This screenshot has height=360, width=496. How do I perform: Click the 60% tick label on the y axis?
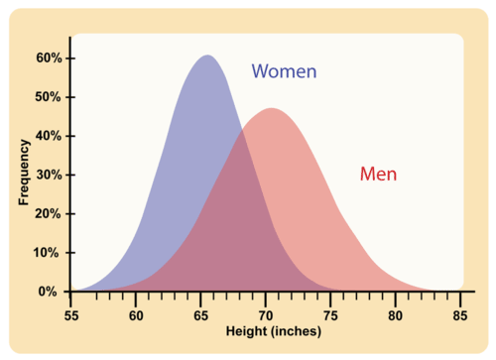(x=50, y=59)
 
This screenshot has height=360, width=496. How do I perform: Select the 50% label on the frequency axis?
(x=50, y=97)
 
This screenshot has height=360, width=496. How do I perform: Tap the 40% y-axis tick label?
(x=50, y=136)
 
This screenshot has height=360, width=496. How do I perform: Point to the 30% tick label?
(x=50, y=175)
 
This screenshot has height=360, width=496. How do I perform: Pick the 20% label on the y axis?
(x=50, y=213)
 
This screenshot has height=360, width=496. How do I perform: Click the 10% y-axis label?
(x=50, y=252)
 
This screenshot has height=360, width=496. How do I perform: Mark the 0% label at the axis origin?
(x=53, y=292)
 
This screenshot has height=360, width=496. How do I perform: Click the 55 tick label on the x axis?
(x=70, y=315)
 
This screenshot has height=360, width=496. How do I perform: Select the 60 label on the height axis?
(x=136, y=315)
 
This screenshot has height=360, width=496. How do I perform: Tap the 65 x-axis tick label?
(x=200, y=315)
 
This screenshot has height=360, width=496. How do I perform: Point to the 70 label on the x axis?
(x=266, y=315)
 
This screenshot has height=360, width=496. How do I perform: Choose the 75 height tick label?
(x=330, y=315)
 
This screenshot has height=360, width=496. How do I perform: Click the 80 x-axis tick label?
(x=395, y=315)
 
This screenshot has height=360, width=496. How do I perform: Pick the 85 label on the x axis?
(x=459, y=315)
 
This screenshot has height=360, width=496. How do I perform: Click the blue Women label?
(x=284, y=71)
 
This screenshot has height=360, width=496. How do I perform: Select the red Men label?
(x=378, y=175)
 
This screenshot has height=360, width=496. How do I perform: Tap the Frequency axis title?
(x=23, y=175)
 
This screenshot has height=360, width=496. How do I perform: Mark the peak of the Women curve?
(x=206, y=56)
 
